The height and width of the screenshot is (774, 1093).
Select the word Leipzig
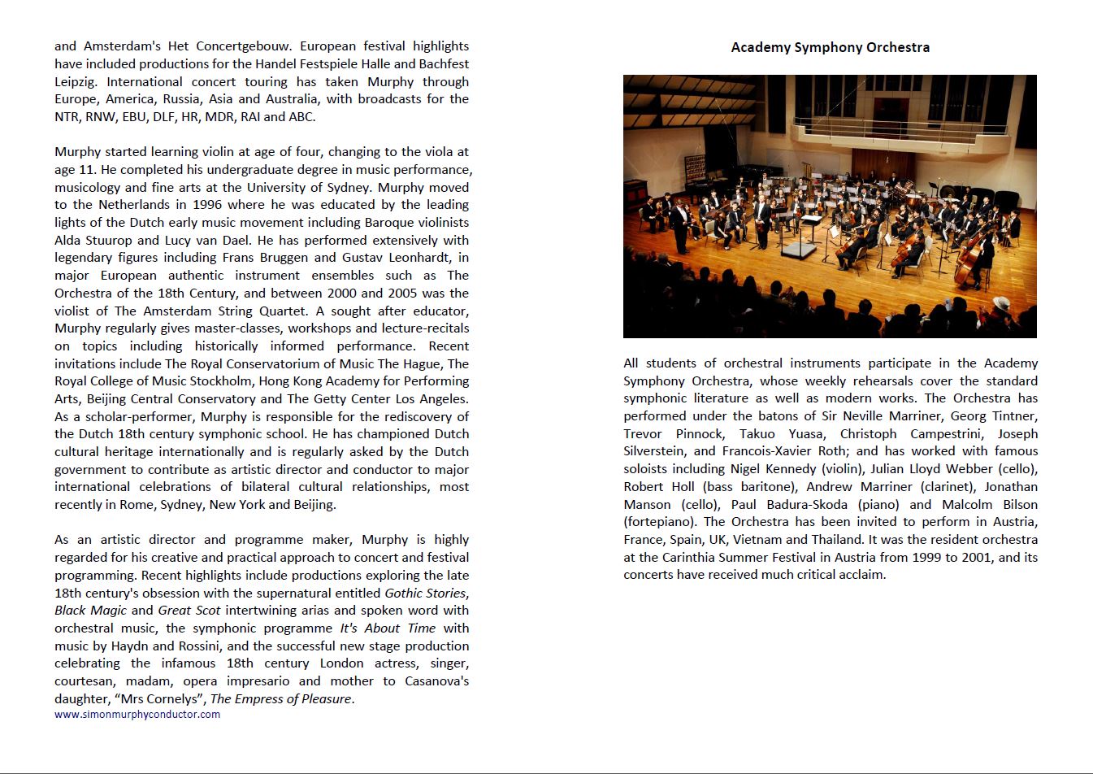coord(76,82)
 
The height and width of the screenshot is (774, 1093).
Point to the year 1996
coord(207,205)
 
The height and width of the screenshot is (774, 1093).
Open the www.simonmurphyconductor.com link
coord(137,715)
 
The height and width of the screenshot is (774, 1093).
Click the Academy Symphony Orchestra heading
coord(830,47)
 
